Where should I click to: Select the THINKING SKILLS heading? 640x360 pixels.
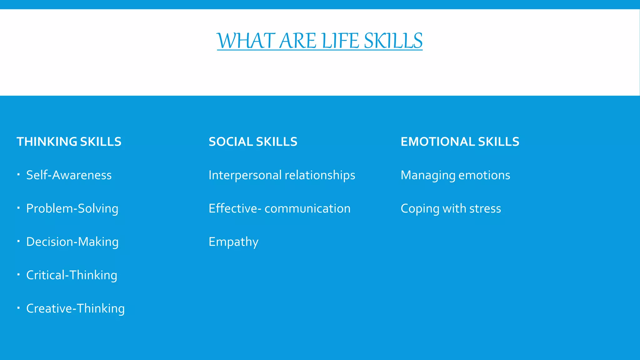click(x=69, y=142)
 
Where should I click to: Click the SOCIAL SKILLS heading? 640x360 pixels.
click(x=253, y=142)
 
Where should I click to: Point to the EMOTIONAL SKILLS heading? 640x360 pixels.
click(x=460, y=142)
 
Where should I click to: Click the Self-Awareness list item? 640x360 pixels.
click(x=69, y=175)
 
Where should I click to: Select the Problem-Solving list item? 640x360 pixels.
click(x=72, y=208)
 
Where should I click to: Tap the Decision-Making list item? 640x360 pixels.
click(x=72, y=242)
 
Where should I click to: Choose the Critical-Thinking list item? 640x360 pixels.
click(x=72, y=275)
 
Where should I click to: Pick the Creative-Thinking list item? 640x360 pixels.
click(x=75, y=308)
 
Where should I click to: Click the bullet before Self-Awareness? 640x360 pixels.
click(x=19, y=174)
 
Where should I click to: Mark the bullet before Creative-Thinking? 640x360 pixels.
click(x=19, y=307)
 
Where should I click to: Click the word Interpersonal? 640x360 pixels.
click(x=245, y=175)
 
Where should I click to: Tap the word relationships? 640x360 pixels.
click(x=320, y=175)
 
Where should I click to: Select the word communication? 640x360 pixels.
click(x=307, y=208)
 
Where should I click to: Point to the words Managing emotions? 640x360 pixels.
click(x=455, y=175)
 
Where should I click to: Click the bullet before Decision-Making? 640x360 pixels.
click(x=19, y=241)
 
